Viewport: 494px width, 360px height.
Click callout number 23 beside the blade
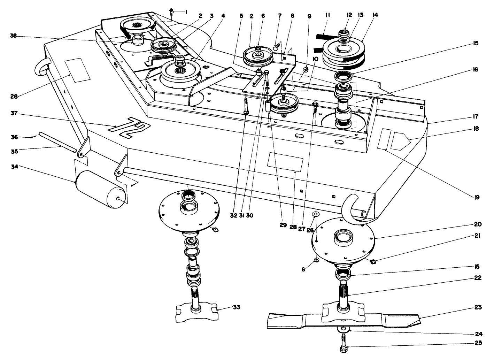(478, 307)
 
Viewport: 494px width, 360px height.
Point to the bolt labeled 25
(343, 343)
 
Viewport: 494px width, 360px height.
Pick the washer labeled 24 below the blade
(344, 329)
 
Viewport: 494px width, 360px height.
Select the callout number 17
(476, 116)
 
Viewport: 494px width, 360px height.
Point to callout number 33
(237, 307)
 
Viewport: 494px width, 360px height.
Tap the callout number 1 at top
(186, 12)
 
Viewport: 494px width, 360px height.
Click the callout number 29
(283, 225)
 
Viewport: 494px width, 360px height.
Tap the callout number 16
(476, 70)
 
